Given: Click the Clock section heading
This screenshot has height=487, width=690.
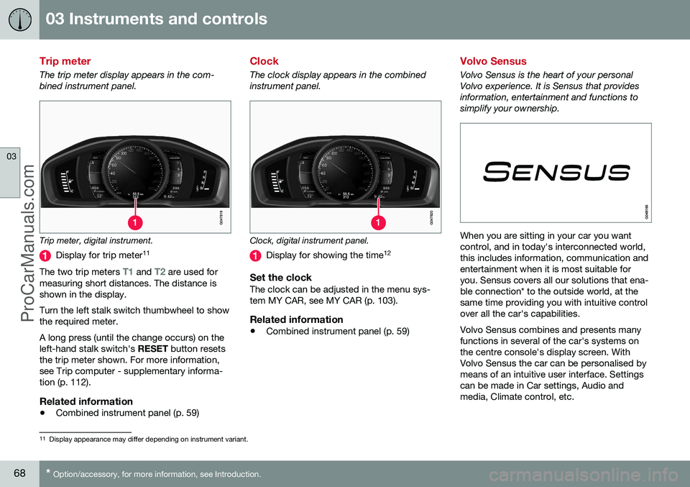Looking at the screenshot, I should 264,62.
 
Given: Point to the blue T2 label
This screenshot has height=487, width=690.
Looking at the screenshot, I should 161,272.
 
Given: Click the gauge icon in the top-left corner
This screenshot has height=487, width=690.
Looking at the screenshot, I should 19,19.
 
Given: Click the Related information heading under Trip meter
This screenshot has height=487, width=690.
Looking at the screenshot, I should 86,401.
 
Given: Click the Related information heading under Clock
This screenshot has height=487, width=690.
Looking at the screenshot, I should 297,319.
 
